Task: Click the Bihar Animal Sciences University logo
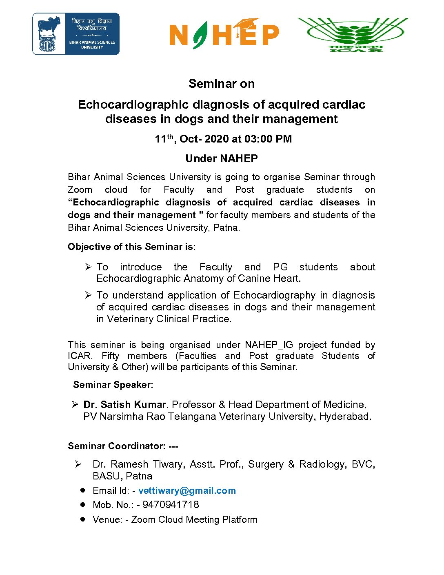point(76,34)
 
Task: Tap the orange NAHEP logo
point(224,34)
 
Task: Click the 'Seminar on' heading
point(222,84)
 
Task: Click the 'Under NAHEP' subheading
point(222,158)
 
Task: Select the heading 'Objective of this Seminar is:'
point(132,247)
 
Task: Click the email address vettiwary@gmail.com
point(187,490)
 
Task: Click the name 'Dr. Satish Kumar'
point(124,404)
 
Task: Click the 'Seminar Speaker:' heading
point(113,385)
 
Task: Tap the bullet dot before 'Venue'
point(83,519)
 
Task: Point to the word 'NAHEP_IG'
point(269,345)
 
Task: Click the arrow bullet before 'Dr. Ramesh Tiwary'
point(78,464)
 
